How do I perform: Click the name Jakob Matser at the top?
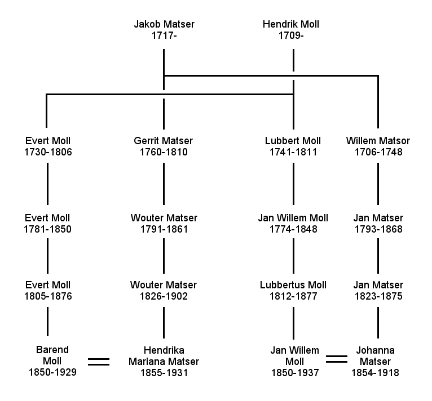(164, 25)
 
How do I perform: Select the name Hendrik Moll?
(291, 25)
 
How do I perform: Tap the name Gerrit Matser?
(164, 141)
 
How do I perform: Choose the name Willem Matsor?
(378, 141)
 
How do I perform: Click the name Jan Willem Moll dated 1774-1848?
(293, 218)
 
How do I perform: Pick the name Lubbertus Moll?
(293, 285)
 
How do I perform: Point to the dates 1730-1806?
(49, 152)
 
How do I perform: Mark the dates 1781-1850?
(49, 229)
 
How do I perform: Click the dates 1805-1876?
(49, 296)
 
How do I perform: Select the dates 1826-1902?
(164, 296)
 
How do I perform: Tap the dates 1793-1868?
(378, 229)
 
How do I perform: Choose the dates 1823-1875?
(378, 296)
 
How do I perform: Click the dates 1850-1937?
(294, 372)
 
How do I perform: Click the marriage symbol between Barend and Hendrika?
(99, 361)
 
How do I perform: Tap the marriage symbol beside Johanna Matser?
(337, 358)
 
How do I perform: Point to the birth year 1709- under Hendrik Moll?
(291, 36)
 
